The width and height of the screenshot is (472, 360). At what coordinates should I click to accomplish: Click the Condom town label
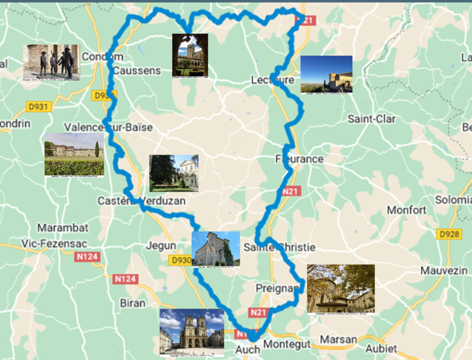coord(103,57)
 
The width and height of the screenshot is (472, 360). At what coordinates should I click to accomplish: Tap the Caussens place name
coord(136,70)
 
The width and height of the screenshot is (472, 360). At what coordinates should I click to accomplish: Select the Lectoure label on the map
coord(272,80)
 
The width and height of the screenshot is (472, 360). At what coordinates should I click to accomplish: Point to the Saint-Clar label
coord(371,119)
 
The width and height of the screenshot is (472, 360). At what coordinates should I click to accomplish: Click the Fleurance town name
coord(300,159)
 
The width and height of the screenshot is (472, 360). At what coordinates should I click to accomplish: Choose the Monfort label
coord(407,210)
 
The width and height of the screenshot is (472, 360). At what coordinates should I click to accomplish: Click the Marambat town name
coord(63,228)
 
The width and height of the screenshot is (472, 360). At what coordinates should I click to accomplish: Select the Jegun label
coord(162,246)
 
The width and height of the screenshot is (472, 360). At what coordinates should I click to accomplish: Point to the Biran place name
coord(132,303)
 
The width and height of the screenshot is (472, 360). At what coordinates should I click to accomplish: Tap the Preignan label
coord(277,288)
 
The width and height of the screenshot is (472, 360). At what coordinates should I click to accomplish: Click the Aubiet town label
coord(382,348)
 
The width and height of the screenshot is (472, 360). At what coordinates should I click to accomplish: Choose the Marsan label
coord(339,339)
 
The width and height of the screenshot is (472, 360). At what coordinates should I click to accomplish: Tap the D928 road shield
coord(449,234)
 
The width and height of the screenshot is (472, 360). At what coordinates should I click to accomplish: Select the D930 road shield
coord(181,260)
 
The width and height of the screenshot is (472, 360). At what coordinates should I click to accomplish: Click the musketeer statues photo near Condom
coord(51,62)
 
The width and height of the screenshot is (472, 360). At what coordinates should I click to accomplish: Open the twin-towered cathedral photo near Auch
coord(192,333)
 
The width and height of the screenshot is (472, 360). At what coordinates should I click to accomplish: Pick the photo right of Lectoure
coord(326,74)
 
